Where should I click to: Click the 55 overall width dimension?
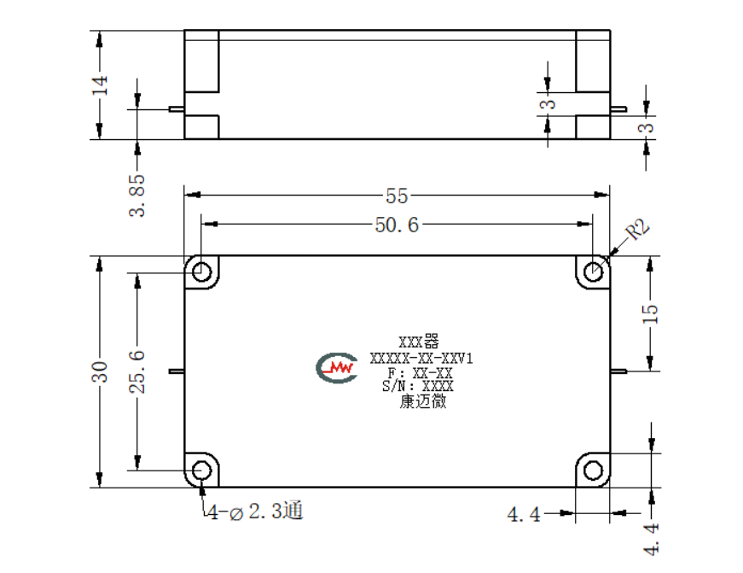[x=397, y=196]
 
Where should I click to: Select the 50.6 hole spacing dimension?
[x=397, y=225]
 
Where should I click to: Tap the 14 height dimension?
[x=101, y=85]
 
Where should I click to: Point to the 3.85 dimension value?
[x=137, y=196]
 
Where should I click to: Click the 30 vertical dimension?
[x=100, y=371]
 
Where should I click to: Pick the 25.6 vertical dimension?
[x=137, y=371]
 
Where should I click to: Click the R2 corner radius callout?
[x=637, y=230]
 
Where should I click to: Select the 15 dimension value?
[x=650, y=314]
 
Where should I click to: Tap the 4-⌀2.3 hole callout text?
[x=255, y=512]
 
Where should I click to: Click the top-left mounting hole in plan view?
[x=202, y=272]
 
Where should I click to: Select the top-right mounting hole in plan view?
[x=593, y=272]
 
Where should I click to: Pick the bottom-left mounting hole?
[x=202, y=471]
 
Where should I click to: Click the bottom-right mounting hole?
[x=593, y=471]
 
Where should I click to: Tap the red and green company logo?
[x=336, y=367]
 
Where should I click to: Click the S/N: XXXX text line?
[x=418, y=386]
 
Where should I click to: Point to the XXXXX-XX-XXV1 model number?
[x=421, y=358]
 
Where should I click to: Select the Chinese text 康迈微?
[x=422, y=401]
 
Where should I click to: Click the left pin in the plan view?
[x=177, y=371]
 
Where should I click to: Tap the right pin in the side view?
[x=618, y=109]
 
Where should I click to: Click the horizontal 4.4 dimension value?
[x=524, y=514]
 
